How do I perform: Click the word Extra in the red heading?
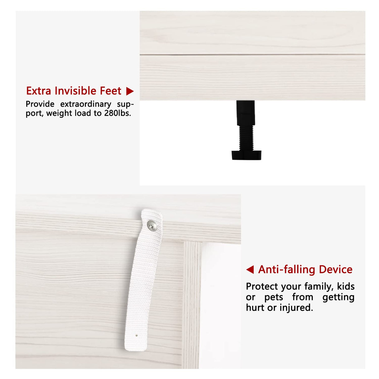[x=38, y=91]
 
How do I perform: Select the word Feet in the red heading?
[x=111, y=91]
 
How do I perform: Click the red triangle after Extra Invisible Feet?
[x=130, y=91]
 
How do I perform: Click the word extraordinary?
[x=86, y=104]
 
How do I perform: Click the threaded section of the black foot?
[x=246, y=138]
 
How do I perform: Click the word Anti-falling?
[x=287, y=269]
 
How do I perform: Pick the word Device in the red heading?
[x=336, y=269]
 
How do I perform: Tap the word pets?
[x=273, y=297]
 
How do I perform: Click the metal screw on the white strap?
[x=152, y=225]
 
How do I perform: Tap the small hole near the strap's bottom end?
[x=137, y=336]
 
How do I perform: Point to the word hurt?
[x=255, y=308]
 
